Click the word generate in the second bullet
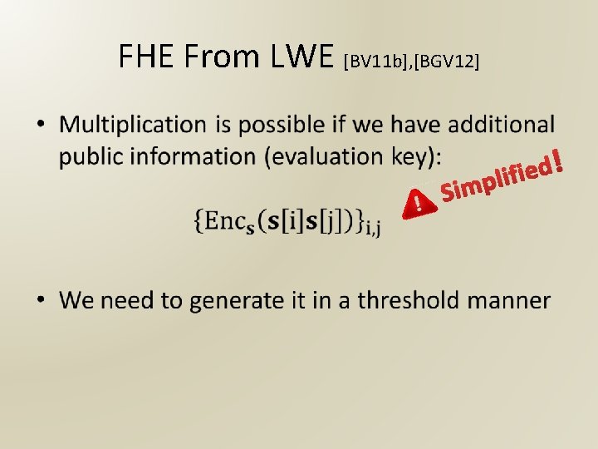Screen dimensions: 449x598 (233, 301)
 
